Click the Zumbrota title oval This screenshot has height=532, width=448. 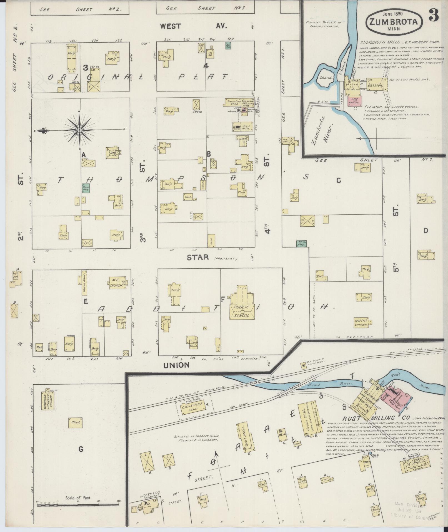click(394, 21)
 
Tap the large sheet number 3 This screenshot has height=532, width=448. click(434, 15)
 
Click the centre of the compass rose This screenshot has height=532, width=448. click(80, 130)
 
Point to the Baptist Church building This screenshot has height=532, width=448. click(362, 322)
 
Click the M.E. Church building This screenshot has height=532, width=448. click(117, 283)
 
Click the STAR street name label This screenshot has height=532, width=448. click(197, 258)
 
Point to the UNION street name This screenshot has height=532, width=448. click(176, 365)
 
